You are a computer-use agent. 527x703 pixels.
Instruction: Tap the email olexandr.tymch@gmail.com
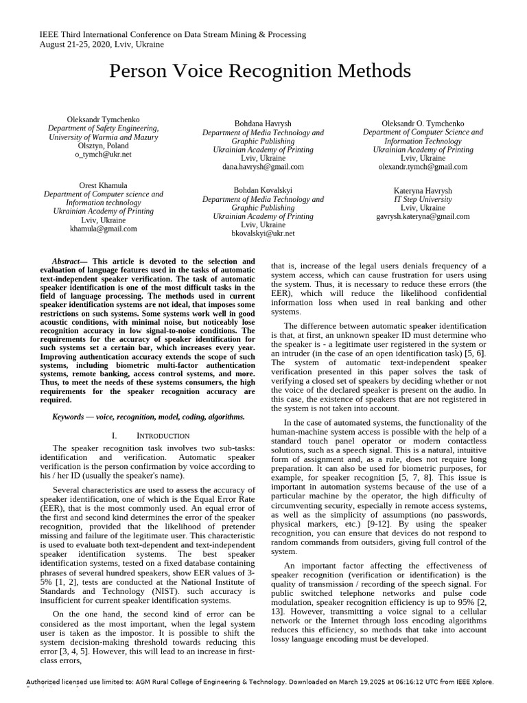click(423, 166)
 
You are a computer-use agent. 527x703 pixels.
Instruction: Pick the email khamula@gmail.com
click(103, 229)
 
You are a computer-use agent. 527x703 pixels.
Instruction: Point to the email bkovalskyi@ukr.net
click(263, 233)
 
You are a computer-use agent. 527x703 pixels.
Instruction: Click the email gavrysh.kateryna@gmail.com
click(423, 216)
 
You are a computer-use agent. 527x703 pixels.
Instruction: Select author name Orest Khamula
click(103, 185)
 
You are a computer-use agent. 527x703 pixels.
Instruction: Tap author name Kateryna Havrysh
click(423, 190)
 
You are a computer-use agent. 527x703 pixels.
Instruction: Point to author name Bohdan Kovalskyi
click(263, 189)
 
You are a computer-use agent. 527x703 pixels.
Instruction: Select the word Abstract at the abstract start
click(69, 262)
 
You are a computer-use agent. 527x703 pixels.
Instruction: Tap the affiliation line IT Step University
click(423, 199)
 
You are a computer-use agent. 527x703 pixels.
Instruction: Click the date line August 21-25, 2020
click(102, 44)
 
